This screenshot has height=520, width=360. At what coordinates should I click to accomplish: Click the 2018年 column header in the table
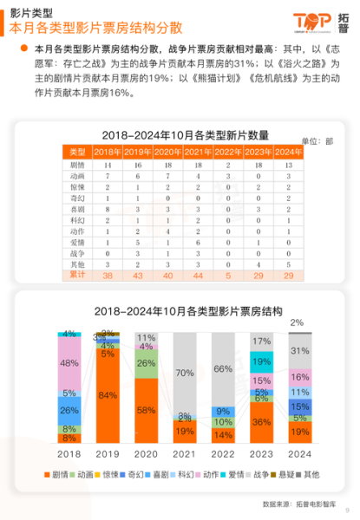pyautogui.click(x=108, y=153)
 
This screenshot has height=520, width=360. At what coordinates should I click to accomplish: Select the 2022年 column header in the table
pyautogui.click(x=228, y=153)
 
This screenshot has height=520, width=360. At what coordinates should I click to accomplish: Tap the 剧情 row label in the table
pyautogui.click(x=77, y=164)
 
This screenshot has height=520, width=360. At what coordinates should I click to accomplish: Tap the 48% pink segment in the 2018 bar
pyautogui.click(x=69, y=363)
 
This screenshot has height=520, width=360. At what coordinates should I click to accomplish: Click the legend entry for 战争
pyautogui.click(x=260, y=475)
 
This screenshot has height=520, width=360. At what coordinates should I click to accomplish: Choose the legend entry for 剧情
pyautogui.click(x=58, y=475)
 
